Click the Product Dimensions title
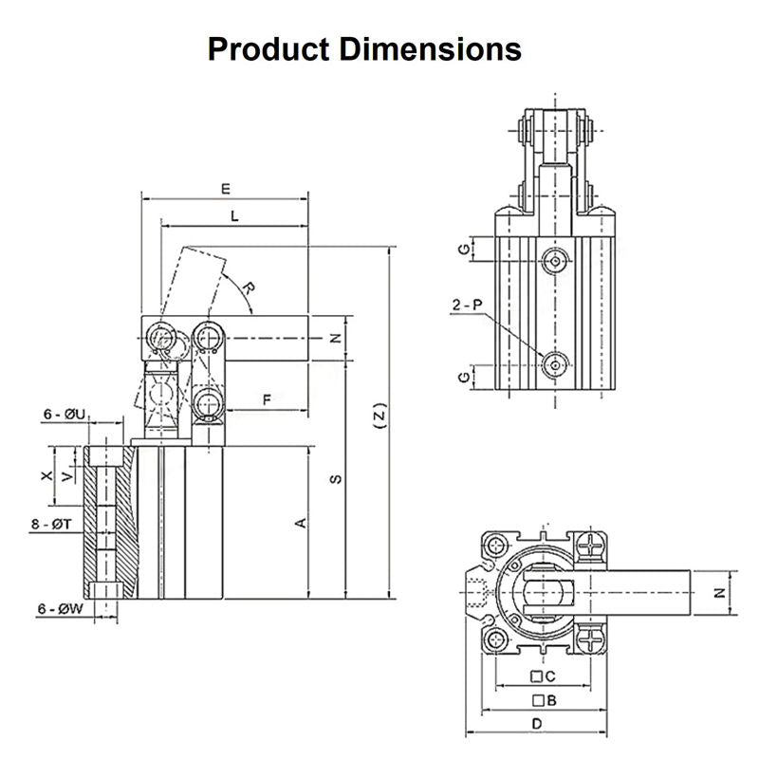click(x=364, y=48)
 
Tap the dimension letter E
click(x=226, y=188)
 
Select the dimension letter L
click(x=234, y=216)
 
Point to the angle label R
click(x=247, y=287)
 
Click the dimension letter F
click(x=268, y=400)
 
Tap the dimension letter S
click(x=335, y=479)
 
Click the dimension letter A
click(x=301, y=521)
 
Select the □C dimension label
click(x=543, y=676)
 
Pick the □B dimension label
click(x=543, y=700)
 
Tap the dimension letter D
click(x=536, y=724)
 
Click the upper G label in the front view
click(x=462, y=250)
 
